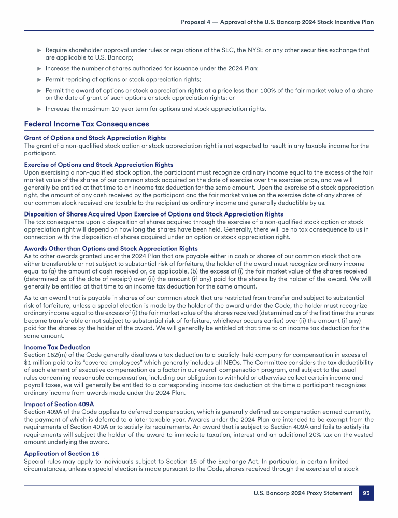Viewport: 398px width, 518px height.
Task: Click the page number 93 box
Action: click(x=366, y=493)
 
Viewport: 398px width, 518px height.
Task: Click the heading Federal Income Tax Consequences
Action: click(x=87, y=124)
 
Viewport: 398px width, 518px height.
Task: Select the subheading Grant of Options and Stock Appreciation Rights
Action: click(x=95, y=138)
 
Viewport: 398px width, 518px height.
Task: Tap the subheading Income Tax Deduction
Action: click(x=57, y=347)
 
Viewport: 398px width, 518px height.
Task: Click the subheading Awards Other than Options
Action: click(x=111, y=249)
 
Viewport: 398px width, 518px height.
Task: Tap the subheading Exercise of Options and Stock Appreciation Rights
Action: click(x=98, y=165)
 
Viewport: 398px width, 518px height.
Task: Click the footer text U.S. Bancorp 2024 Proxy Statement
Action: click(x=303, y=493)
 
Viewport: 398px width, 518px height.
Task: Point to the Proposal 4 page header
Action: click(x=277, y=22)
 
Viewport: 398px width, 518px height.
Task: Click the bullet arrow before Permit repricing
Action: click(x=39, y=80)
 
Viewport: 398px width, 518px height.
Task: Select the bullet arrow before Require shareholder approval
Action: click(x=39, y=50)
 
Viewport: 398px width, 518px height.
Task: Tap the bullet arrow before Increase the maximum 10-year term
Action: click(x=39, y=109)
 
